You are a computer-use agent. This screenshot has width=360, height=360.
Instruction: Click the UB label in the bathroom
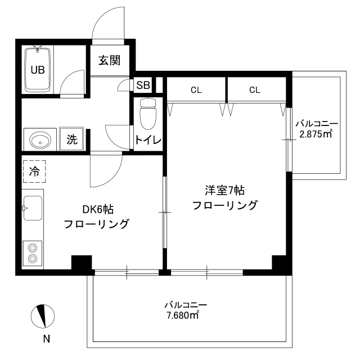(38, 70)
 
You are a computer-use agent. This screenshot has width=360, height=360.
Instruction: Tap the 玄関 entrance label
(110, 60)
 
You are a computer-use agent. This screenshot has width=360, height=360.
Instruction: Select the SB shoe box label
(143, 85)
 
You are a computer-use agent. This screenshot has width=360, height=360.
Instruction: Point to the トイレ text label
(148, 139)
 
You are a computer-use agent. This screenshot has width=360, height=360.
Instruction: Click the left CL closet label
(196, 90)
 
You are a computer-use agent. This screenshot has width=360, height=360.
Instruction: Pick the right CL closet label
(255, 90)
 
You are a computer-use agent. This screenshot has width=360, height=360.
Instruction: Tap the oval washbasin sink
(40, 140)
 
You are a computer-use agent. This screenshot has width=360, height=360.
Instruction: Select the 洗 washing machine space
(71, 139)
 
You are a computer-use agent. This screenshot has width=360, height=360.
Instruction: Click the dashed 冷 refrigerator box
(34, 172)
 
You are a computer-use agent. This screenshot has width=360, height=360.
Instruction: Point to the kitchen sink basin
(33, 208)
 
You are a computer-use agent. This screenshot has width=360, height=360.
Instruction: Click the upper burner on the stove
(33, 248)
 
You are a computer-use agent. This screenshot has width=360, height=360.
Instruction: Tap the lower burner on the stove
(33, 259)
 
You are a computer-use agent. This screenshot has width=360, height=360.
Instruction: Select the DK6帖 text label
(98, 209)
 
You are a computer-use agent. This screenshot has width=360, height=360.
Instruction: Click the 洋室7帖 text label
(225, 191)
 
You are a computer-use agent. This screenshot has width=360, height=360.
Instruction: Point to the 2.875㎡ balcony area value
(316, 134)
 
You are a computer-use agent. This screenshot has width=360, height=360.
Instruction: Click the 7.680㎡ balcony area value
(182, 316)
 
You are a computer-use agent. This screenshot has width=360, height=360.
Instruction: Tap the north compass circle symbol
(43, 316)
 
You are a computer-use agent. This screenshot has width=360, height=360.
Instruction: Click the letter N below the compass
(47, 339)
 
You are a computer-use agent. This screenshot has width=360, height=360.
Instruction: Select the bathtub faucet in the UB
(37, 49)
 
